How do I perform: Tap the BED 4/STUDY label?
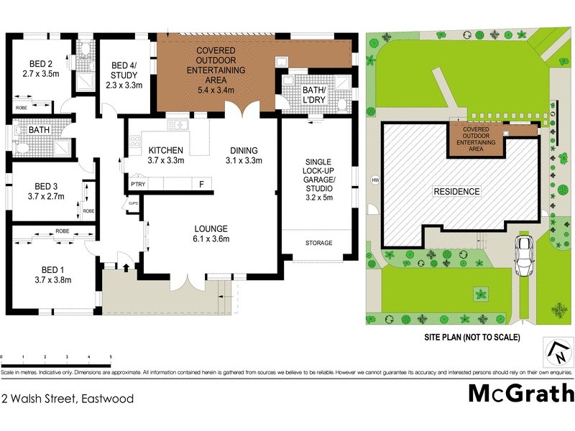coord(125,74)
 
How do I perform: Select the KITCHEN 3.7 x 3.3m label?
coord(166,155)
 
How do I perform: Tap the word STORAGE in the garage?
coord(319,243)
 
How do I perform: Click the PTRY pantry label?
coord(138,185)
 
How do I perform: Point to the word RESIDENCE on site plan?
coord(456,192)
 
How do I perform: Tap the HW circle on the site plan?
coord(374,180)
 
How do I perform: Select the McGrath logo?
coord(521,393)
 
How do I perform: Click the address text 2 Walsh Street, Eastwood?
coord(68,398)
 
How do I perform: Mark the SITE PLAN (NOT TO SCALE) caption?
coord(471,337)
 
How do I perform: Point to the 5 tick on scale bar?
coord(111,356)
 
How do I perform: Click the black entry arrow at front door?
coord(126,269)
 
